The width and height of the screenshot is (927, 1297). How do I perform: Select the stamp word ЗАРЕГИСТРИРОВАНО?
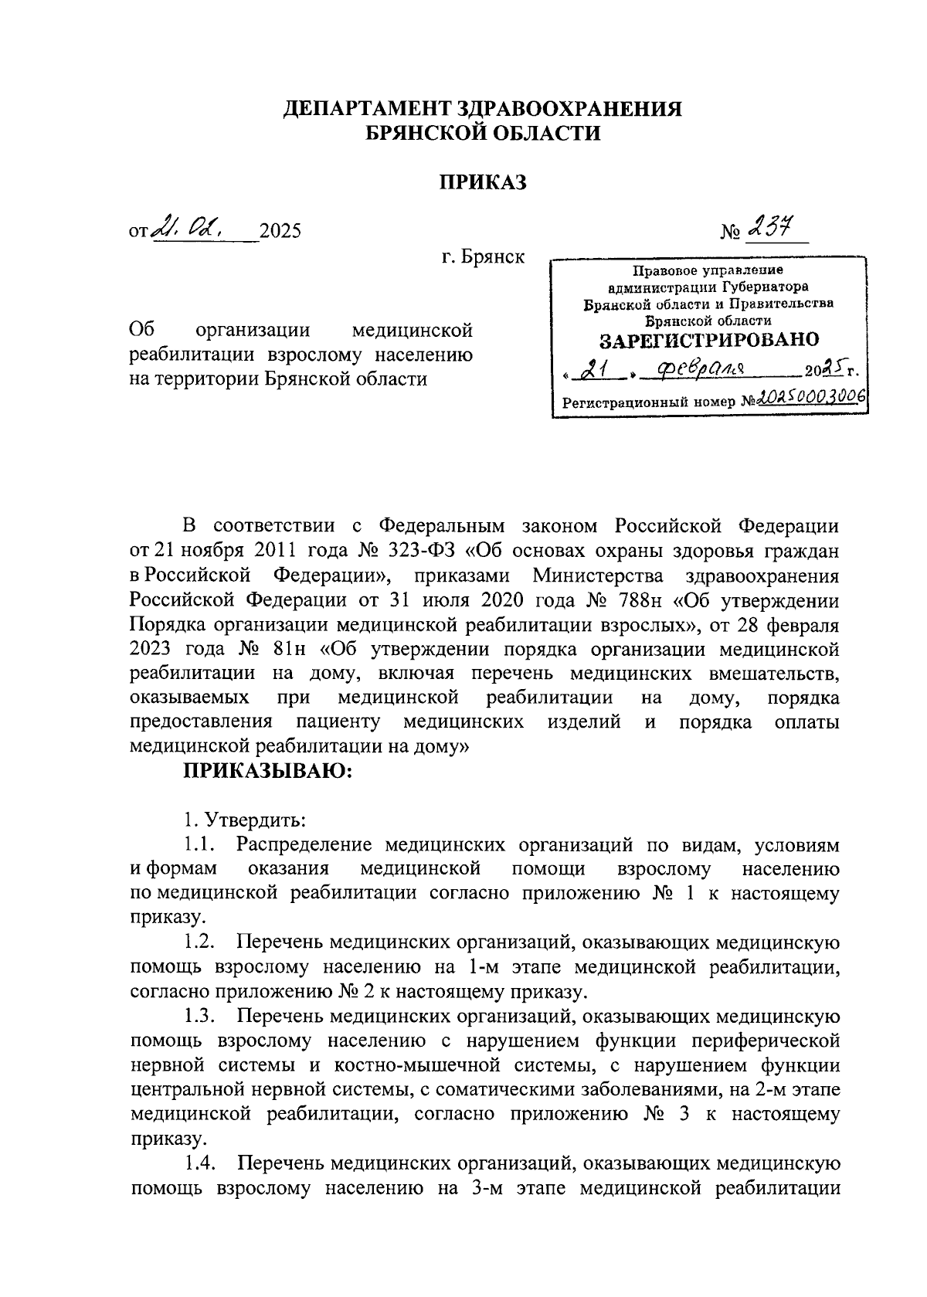709,340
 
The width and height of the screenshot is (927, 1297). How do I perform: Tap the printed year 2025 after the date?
280,231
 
